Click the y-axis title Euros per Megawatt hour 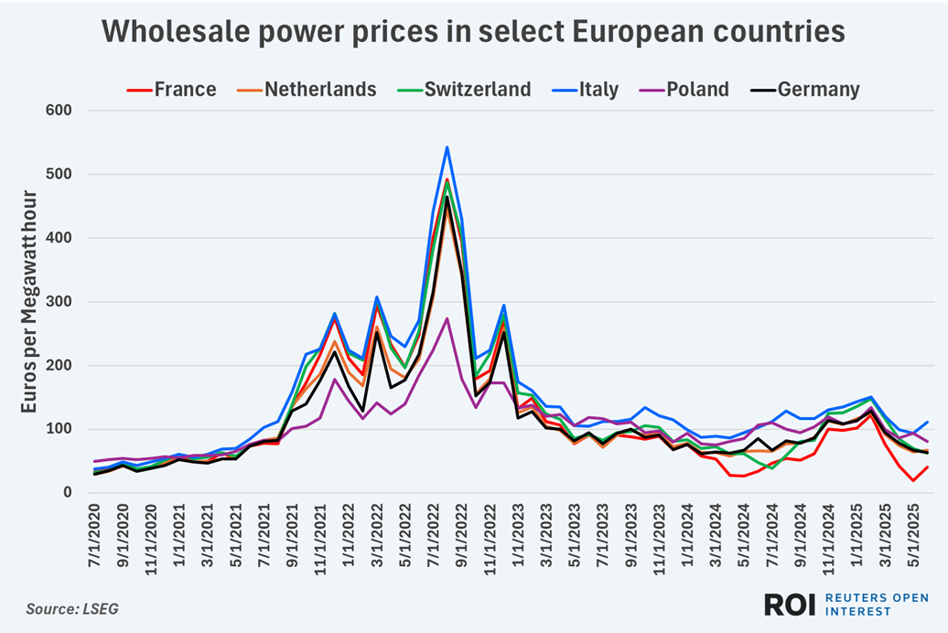coord(29,302)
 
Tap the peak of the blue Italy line coord(447,147)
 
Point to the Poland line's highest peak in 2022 coord(447,318)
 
